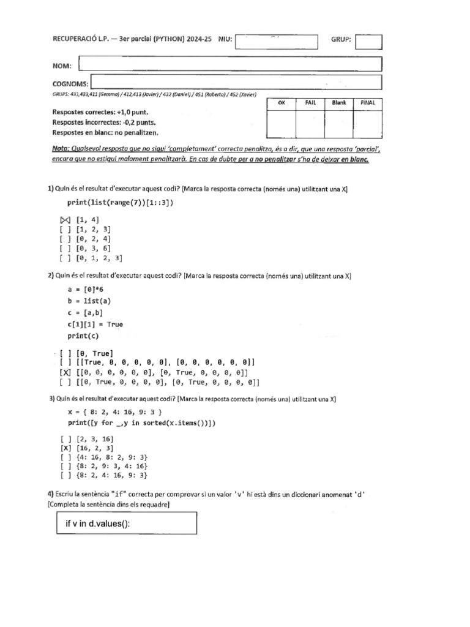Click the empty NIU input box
[x=276, y=41]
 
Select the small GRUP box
[x=368, y=41]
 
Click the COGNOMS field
[x=237, y=83]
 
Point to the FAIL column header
[x=310, y=103]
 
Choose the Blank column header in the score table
[x=339, y=103]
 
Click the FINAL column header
[x=368, y=103]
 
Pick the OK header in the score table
[x=282, y=103]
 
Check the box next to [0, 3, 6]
[x=65, y=249]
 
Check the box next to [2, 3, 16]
[x=65, y=439]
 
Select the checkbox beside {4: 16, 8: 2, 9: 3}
[x=65, y=457]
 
